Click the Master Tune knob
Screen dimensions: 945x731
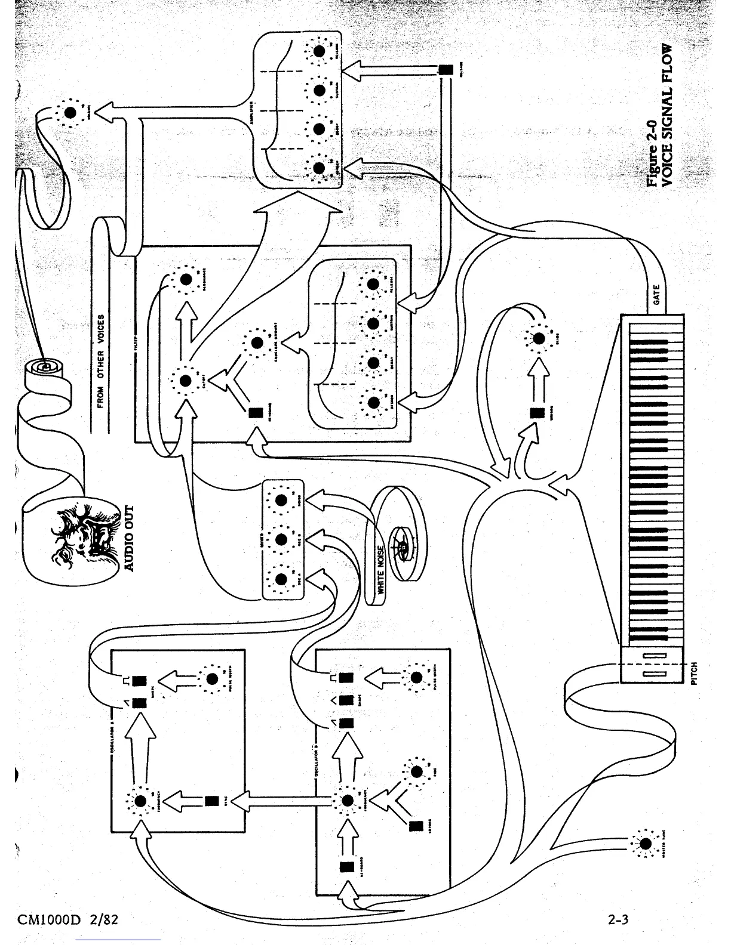(646, 844)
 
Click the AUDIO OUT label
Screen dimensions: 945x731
(130, 538)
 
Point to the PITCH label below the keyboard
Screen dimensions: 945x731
(694, 672)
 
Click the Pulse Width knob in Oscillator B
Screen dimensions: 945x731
(416, 677)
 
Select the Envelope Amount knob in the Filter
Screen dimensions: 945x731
(257, 342)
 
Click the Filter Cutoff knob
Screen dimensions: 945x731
(185, 380)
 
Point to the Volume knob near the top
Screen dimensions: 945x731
(70, 112)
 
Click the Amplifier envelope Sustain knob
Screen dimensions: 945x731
(320, 91)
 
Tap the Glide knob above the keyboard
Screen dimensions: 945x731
(539, 338)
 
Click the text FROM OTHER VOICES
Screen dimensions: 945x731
(100, 361)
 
